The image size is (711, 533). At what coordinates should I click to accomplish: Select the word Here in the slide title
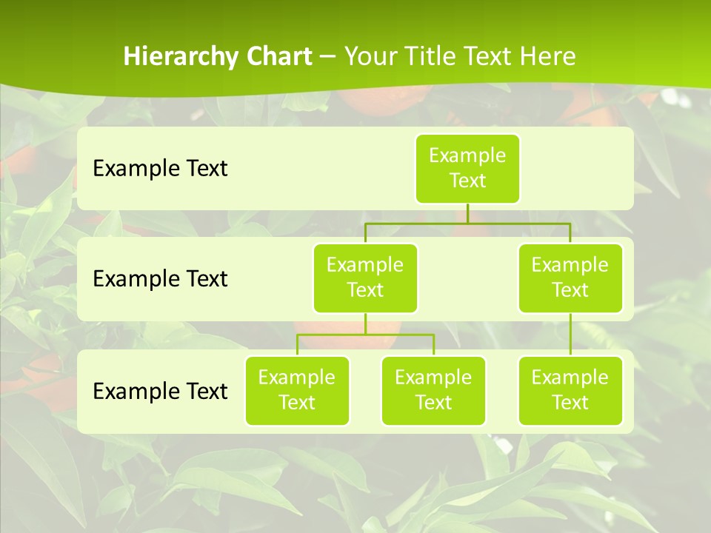547,56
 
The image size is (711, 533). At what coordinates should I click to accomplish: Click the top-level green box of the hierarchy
467,169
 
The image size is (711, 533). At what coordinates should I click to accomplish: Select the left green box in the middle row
365,278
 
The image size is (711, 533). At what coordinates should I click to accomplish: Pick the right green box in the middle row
570,278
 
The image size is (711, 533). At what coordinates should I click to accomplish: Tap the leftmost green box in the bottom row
297,390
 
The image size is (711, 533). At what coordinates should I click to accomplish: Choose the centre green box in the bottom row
433,390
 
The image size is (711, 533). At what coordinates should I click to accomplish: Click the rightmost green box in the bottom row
570,390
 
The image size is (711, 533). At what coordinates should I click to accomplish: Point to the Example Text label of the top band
160,169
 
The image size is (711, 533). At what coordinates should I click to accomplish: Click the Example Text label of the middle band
160,278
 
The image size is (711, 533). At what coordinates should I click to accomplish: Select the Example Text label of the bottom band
160,391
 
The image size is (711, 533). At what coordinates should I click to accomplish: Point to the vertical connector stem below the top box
467,213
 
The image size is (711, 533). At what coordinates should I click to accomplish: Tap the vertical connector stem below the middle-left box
365,324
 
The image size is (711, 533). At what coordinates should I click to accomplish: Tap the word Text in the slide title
487,56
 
